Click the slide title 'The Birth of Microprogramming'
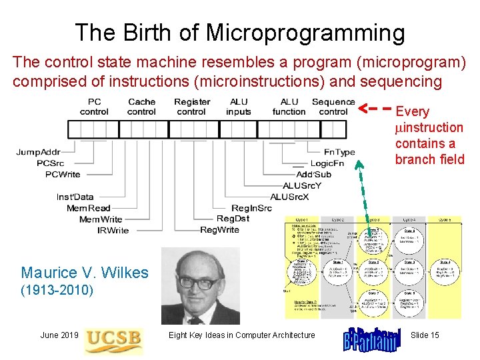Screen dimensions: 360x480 [240, 32]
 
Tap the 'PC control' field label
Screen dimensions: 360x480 [94, 107]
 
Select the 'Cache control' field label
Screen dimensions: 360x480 [141, 107]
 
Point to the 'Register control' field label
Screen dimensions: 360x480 [192, 107]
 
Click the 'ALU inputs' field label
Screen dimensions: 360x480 [239, 107]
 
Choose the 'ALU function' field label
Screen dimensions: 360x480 [289, 107]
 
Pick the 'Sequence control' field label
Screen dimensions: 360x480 [333, 107]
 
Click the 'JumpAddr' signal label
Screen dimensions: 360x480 [39, 153]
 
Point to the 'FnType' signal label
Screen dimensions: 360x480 [340, 153]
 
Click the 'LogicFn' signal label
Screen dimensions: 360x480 [327, 163]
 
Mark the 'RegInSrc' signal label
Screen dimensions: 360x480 [251, 208]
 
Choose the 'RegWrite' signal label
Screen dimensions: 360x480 [219, 230]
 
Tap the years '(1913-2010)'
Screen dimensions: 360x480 [57, 291]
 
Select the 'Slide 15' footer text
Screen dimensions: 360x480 [425, 335]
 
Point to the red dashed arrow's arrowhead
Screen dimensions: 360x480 [364, 107]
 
